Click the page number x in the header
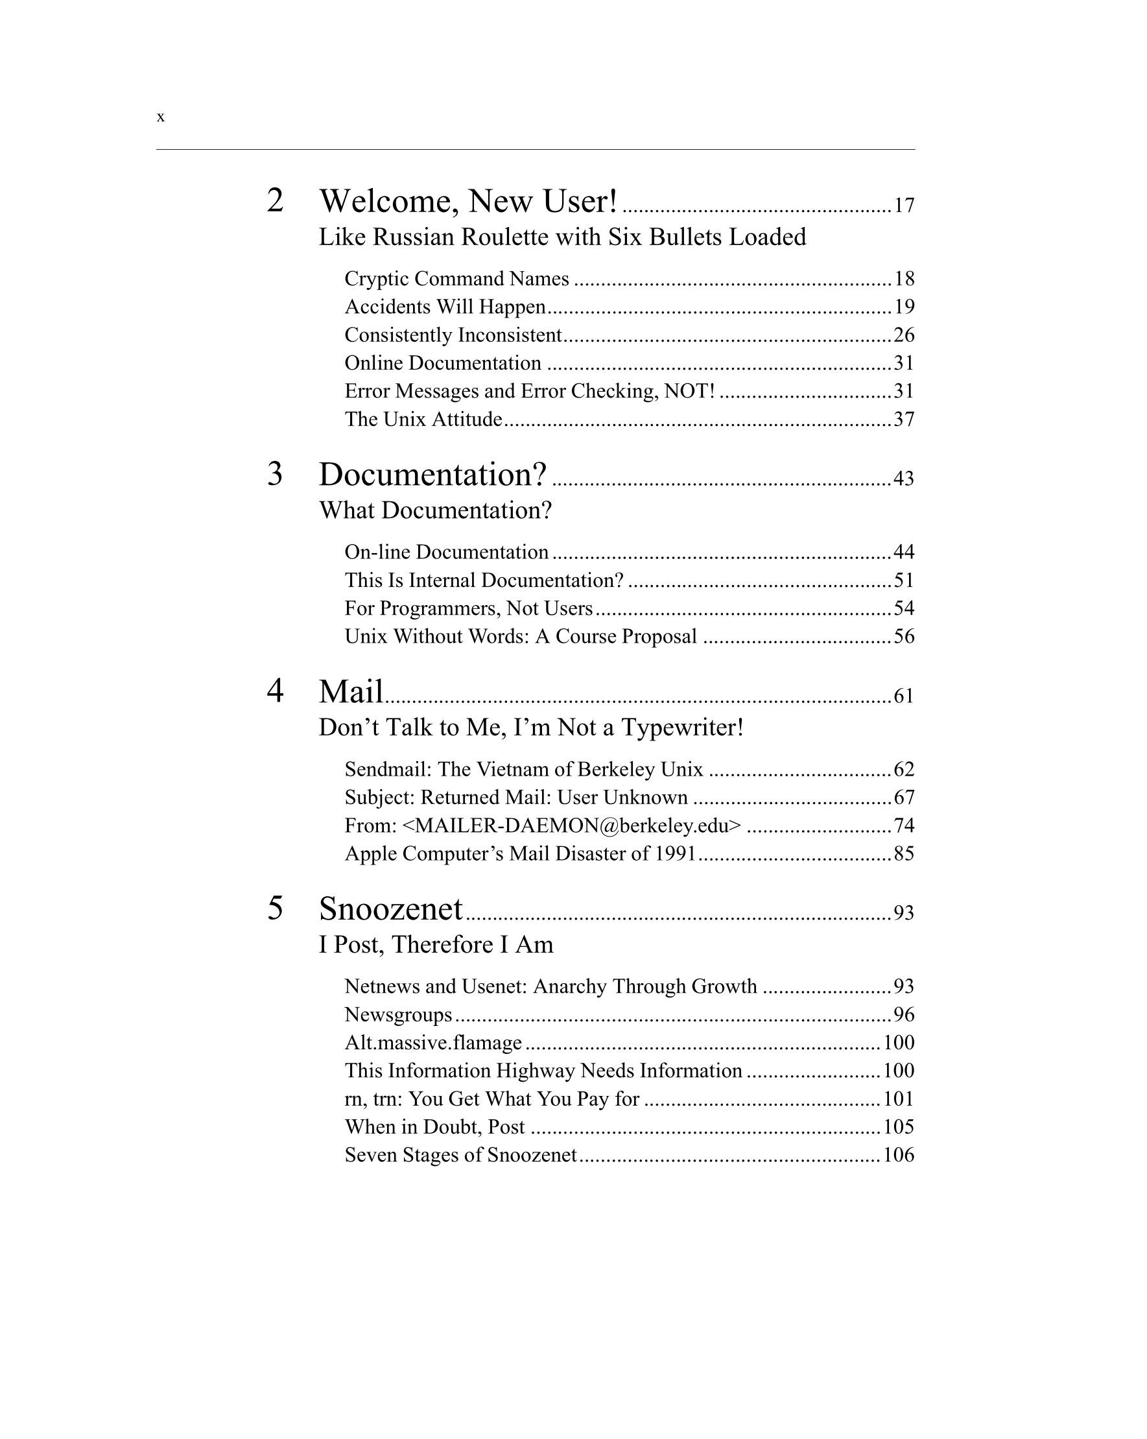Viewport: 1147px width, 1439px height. pyautogui.click(x=160, y=117)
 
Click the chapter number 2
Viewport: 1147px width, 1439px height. pyautogui.click(x=275, y=200)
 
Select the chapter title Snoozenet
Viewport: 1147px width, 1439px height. pyautogui.click(x=390, y=909)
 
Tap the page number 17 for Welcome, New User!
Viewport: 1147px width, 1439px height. pyautogui.click(x=903, y=206)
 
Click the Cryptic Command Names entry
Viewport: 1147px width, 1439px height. pyautogui.click(x=456, y=278)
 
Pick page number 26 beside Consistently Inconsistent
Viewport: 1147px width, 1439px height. pyautogui.click(x=903, y=335)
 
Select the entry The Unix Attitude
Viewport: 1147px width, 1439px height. pyautogui.click(x=423, y=419)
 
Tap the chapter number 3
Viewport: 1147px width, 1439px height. pyautogui.click(x=275, y=474)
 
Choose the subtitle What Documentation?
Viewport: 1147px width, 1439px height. pyautogui.click(x=435, y=510)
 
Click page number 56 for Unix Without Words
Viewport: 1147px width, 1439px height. pyautogui.click(x=903, y=637)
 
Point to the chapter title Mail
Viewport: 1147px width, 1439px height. pyautogui.click(x=351, y=691)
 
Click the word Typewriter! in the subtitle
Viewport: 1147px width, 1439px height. pyautogui.click(x=682, y=728)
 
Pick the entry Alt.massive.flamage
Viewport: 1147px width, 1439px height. pyautogui.click(x=433, y=1043)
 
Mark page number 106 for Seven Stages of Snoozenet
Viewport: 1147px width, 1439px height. pyautogui.click(x=898, y=1156)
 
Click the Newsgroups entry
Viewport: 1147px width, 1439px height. pyautogui.click(x=397, y=1014)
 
